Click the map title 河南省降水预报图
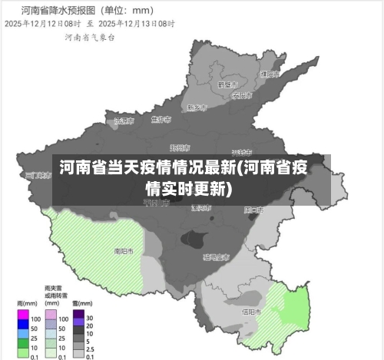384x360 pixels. tap(53, 11)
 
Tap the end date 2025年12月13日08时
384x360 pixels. tap(140, 24)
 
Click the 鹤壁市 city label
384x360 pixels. tap(227, 84)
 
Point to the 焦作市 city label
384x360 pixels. tap(161, 120)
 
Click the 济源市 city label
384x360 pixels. tap(123, 121)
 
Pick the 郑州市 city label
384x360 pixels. tap(180, 147)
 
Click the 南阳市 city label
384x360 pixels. tap(124, 251)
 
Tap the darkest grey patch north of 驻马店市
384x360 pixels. tap(197, 238)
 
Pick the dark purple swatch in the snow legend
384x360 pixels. tap(78, 318)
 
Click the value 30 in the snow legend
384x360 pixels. tap(89, 318)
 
